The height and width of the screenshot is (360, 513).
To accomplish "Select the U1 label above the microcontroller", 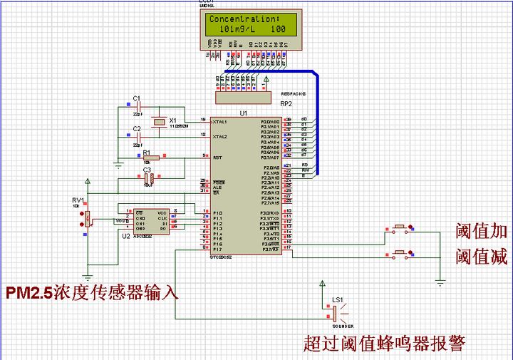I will point(243,113).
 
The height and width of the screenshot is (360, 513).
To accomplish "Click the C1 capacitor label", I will point(137,98).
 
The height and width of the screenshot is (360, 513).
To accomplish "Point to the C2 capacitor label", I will point(137,128).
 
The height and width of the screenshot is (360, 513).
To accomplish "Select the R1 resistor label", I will point(146,153).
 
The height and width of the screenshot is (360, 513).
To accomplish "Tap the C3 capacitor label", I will point(147,170).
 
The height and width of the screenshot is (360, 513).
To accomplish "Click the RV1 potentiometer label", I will point(78,201).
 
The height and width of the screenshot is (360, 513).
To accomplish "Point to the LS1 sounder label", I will point(337,299).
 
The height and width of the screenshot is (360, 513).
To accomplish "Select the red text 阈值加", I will point(482,230).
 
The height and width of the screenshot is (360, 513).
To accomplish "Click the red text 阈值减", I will point(482,257).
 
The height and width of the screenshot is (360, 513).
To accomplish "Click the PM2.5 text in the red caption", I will point(29,293).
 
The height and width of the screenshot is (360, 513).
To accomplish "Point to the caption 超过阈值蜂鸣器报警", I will point(384,344).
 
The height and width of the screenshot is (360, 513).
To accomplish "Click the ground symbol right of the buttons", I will point(440,283).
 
